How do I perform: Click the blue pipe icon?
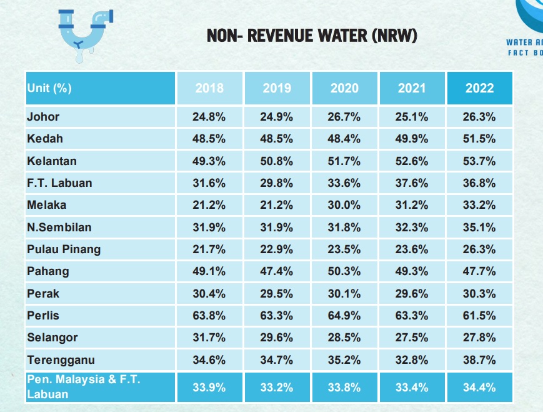[x=84, y=34]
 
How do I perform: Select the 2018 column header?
[x=209, y=88]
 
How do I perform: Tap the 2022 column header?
[x=479, y=88]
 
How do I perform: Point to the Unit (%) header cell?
[x=49, y=88]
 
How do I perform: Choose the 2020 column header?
[x=344, y=88]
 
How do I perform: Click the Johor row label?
[x=43, y=116]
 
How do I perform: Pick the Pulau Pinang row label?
[x=64, y=249]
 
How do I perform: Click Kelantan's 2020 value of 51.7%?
[x=344, y=161]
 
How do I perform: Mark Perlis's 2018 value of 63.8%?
[x=209, y=316]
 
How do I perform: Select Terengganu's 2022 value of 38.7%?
[x=479, y=360]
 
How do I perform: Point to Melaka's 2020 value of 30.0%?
[x=344, y=205]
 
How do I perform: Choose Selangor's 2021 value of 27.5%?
[x=412, y=338]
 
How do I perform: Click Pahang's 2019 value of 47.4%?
[x=277, y=271]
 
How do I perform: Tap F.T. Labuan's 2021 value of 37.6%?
[x=412, y=183]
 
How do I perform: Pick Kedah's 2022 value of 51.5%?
[x=479, y=139]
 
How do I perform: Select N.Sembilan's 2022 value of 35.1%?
[x=479, y=227]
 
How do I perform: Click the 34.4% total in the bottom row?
[x=479, y=388]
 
